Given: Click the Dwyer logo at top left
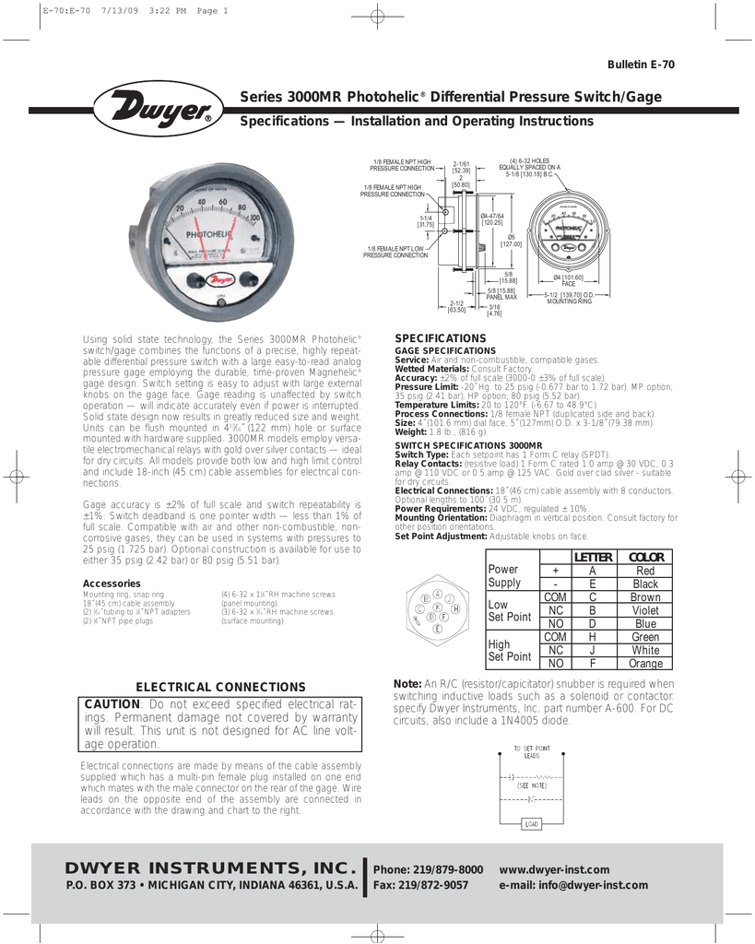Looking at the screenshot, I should [158, 110].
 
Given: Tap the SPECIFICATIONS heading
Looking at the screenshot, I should [440, 339].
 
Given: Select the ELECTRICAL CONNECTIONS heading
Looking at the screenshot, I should [220, 687].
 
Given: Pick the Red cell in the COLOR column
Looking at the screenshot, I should [645, 571].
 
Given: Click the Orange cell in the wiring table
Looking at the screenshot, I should [645, 663].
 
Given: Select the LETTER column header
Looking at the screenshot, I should [593, 557].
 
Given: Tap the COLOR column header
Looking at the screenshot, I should [645, 557].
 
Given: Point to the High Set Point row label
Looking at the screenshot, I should [509, 650].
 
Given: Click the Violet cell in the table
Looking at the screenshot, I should [645, 610].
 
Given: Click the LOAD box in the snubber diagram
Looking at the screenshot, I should [532, 823].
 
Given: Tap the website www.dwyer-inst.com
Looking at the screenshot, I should [554, 869].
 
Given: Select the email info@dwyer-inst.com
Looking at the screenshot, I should [573, 885].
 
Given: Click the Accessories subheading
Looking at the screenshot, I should [112, 584].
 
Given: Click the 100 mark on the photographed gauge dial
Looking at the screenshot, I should [254, 218].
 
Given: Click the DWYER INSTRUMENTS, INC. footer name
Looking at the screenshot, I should [211, 868].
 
